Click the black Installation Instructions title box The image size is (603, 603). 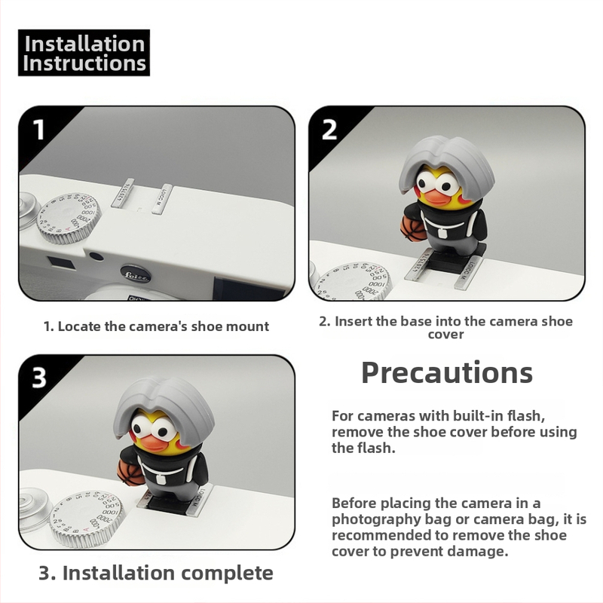(x=84, y=53)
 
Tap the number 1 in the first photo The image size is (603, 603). (x=39, y=129)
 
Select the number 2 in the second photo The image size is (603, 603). (x=329, y=130)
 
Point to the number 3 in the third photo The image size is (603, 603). (x=39, y=378)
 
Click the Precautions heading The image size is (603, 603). (x=447, y=373)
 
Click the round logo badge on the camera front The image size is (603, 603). (x=135, y=274)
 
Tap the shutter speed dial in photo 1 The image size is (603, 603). (x=69, y=218)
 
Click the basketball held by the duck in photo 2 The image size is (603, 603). (x=412, y=228)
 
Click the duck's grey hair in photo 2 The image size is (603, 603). (x=446, y=159)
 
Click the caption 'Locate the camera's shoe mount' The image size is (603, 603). (x=163, y=326)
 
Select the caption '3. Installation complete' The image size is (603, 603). (x=156, y=573)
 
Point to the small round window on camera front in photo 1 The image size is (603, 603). (x=96, y=256)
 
